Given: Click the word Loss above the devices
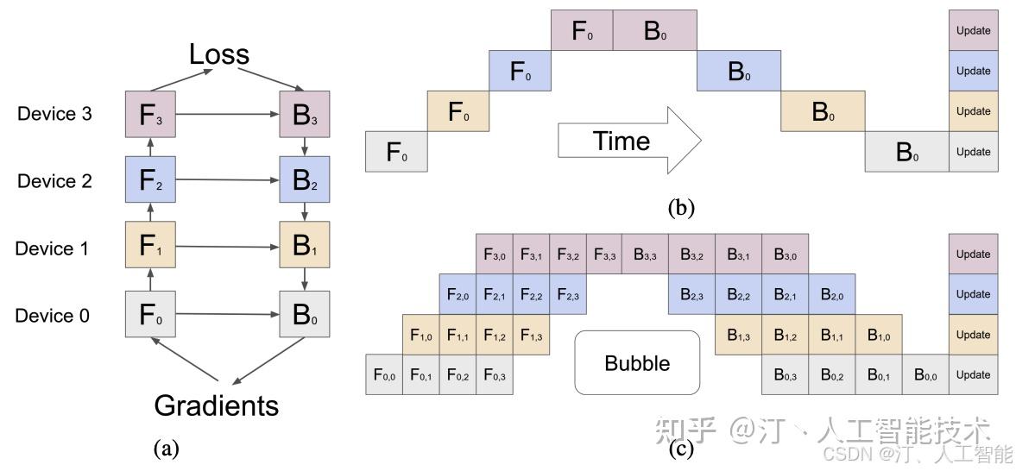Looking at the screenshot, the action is pos(219,54).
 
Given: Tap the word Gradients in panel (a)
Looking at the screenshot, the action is pos(217,405).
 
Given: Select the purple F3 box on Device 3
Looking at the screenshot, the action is pos(150,114).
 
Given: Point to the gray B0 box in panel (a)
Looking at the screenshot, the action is pos(305,314).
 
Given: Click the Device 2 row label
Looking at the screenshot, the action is pos(54,181).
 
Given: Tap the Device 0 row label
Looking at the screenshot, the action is pos(53,316).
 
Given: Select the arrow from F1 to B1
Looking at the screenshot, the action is pos(227,247).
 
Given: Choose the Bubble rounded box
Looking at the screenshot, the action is pos(637,363).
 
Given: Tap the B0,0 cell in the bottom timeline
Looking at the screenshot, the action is pos(924,374).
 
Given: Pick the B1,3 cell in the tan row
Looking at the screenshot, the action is pos(737,335).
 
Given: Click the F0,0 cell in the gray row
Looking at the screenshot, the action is pos(383,374).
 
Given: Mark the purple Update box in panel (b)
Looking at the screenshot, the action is pos(973,30).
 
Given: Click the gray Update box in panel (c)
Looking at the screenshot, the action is pos(973,374).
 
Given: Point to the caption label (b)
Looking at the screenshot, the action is pos(681,208).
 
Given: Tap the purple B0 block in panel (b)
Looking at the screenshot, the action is pos(655,30).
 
